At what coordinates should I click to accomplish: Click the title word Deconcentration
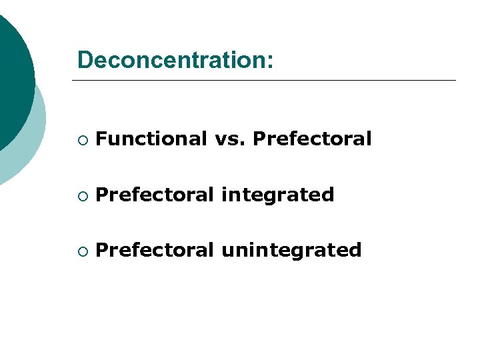click(172, 59)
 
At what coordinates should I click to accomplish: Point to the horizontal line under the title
click(263, 81)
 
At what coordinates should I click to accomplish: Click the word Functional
click(151, 139)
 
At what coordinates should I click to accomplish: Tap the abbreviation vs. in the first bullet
click(229, 139)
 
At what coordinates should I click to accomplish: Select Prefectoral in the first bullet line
click(312, 139)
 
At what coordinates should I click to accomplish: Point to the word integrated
click(277, 195)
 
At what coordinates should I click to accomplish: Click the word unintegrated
click(291, 251)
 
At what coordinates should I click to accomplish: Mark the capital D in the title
click(85, 59)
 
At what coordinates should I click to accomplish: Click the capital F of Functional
click(101, 139)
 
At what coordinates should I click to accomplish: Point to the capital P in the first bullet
click(259, 139)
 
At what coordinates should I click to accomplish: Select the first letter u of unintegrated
click(227, 251)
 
